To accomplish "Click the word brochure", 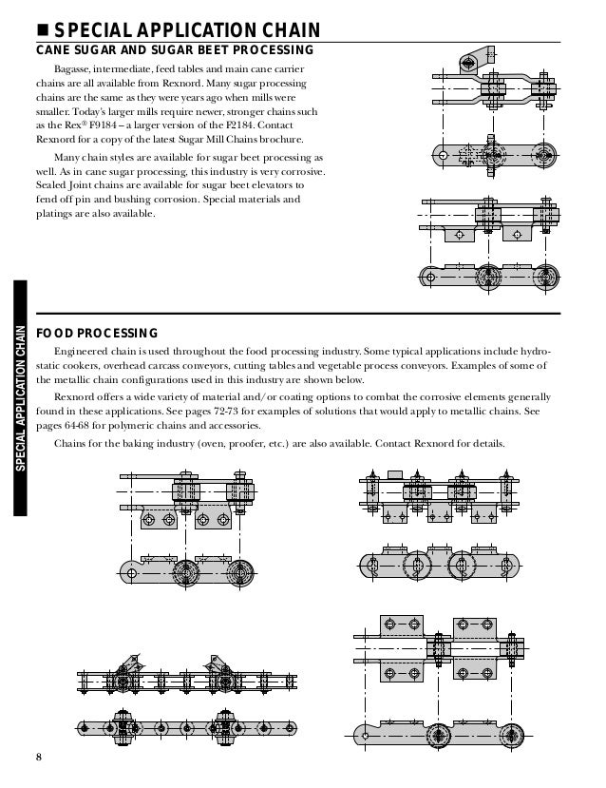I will [x=280, y=140].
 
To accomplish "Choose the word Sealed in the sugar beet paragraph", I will [x=51, y=186].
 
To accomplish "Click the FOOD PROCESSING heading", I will [x=96, y=334].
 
